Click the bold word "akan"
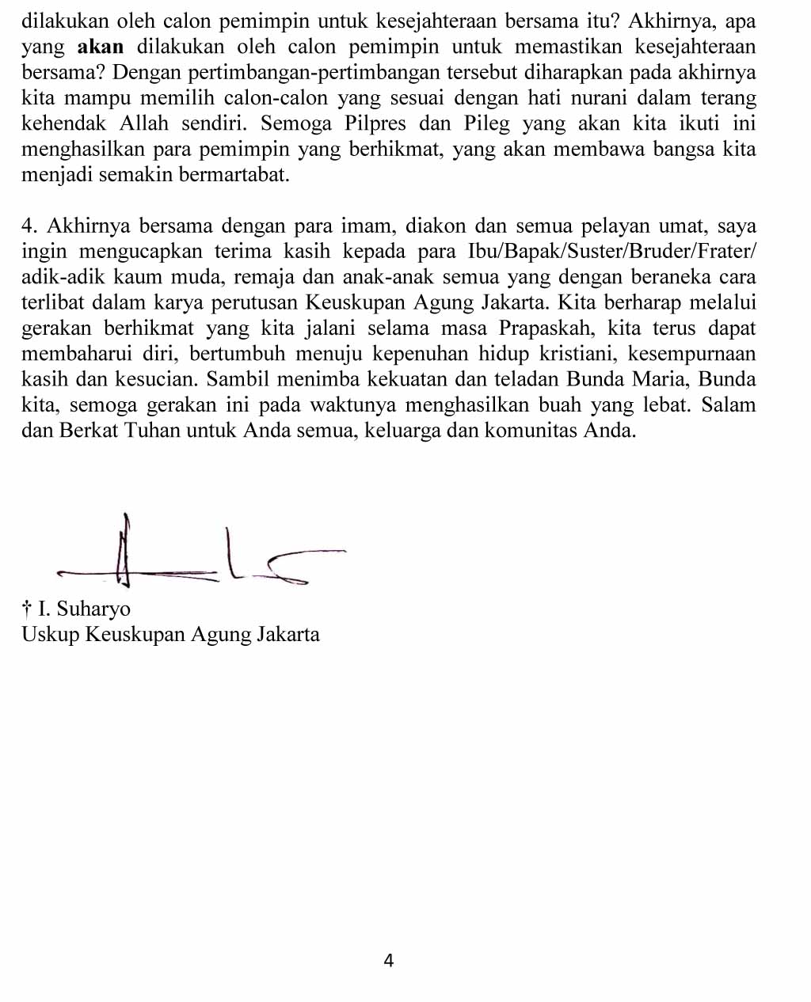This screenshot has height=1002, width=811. click(100, 47)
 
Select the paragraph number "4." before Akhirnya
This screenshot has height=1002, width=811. click(30, 226)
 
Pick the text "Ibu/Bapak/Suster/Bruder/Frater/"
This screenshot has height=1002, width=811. click(612, 252)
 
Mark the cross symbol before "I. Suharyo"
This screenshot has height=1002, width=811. click(27, 609)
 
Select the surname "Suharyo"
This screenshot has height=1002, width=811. click(93, 609)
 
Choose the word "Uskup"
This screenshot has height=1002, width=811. click(51, 635)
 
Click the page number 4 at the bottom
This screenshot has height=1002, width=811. click(388, 961)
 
